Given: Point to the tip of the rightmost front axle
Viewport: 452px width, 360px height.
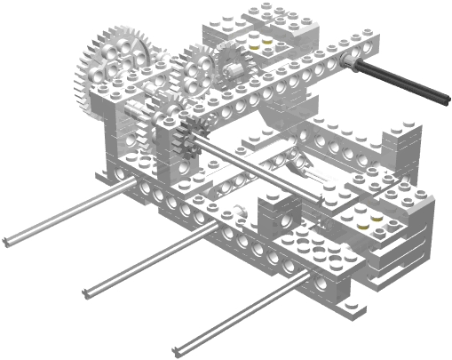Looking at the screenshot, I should pos(185,347).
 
